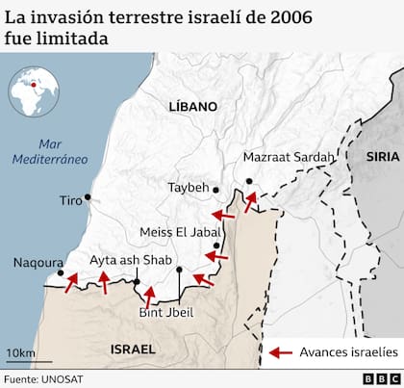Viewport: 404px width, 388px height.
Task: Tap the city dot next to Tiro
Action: tap(88, 197)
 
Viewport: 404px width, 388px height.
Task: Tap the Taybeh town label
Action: tap(188, 188)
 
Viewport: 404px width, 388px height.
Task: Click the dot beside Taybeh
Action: tap(216, 190)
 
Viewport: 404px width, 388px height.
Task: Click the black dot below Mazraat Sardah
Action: tap(248, 181)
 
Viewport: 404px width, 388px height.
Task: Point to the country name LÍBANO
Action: tap(191, 107)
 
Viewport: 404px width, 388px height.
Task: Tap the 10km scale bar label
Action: tap(21, 352)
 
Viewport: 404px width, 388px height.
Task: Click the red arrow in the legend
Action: tap(280, 352)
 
